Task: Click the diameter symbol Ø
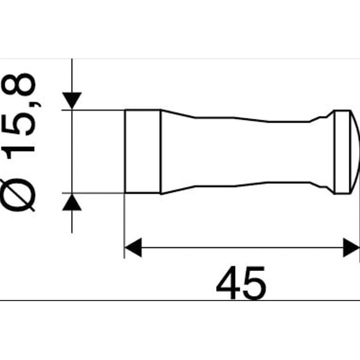click(18, 195)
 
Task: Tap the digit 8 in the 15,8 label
click(18, 85)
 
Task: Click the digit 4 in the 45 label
click(228, 283)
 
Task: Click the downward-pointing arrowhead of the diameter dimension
click(72, 100)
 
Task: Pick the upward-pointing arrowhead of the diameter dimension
click(72, 202)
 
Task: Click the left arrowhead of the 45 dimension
click(133, 247)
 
